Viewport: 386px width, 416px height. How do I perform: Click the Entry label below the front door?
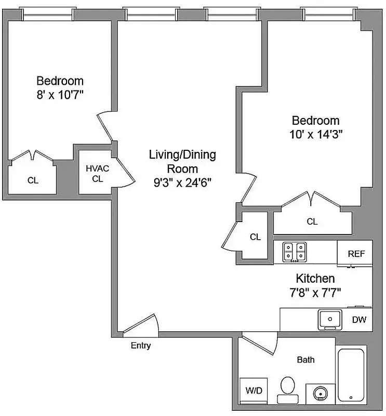tap(140, 345)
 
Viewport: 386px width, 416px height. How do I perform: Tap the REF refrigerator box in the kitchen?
tap(356, 254)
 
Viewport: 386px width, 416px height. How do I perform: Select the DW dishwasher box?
tap(359, 320)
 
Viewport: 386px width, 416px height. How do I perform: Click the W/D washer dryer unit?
tap(253, 389)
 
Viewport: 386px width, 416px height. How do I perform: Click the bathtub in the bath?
tap(352, 375)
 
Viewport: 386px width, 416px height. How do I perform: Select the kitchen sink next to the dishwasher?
tap(329, 319)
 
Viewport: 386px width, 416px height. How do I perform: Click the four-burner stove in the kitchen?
tap(295, 252)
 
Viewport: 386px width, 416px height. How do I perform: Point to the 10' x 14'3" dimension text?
tap(316, 134)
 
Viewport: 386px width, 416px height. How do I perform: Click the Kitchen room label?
tap(315, 278)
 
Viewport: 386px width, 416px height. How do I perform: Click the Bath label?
tap(305, 359)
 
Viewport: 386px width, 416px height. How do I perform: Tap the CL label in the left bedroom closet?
tap(33, 180)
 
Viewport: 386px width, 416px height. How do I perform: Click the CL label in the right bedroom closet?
tap(312, 222)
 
